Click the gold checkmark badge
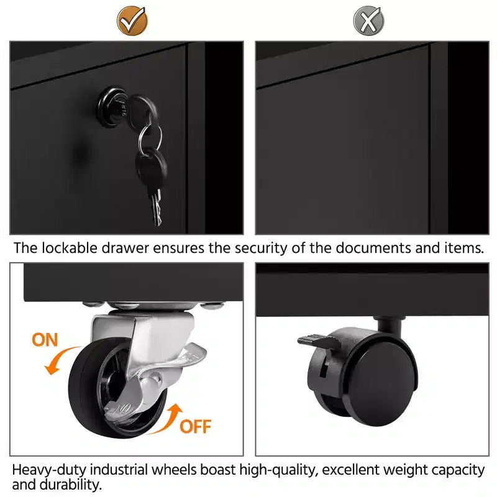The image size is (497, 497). pyautogui.click(x=132, y=21)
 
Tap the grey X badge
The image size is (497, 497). pyautogui.click(x=368, y=21)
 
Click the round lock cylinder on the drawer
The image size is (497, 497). pyautogui.click(x=112, y=106)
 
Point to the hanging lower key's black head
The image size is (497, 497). pyautogui.click(x=151, y=167)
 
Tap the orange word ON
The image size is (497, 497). pyautogui.click(x=45, y=340)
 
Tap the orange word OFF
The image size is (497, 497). pyautogui.click(x=195, y=426)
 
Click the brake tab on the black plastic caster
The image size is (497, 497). pyautogui.click(x=317, y=340)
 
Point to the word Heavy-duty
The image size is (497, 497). pyautogui.click(x=49, y=470)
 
